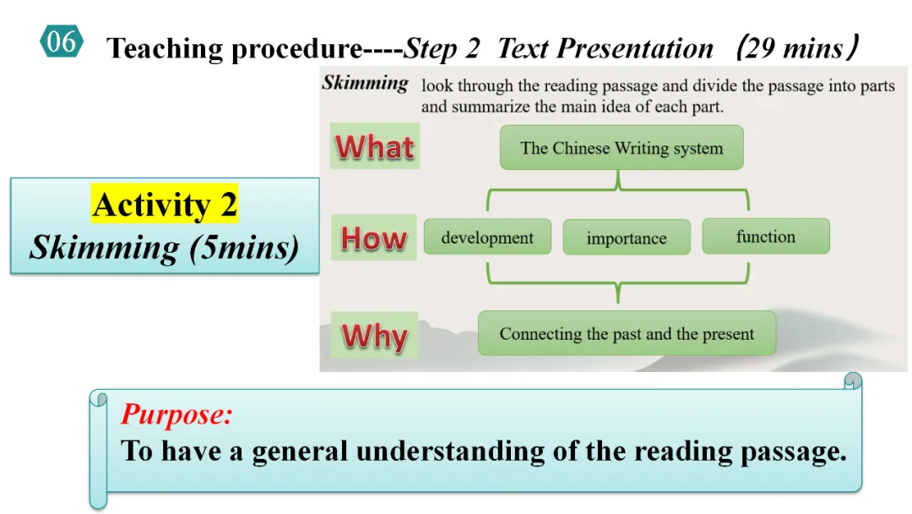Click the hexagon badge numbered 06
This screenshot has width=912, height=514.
click(x=62, y=41)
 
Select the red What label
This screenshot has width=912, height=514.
click(x=375, y=146)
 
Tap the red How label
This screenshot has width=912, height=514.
click(x=373, y=238)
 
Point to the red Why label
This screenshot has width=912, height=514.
click(x=375, y=335)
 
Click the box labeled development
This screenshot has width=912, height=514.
click(x=487, y=237)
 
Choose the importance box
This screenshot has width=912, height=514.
click(x=627, y=238)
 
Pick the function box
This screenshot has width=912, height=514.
click(x=765, y=236)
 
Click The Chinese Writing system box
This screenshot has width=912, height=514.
click(x=622, y=148)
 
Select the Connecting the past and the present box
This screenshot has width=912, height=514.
click(x=627, y=334)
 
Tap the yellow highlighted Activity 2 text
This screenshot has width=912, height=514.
click(x=165, y=205)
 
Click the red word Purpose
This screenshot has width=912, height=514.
click(x=176, y=414)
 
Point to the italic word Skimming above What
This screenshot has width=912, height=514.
click(x=366, y=83)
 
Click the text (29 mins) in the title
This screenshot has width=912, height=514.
click(x=797, y=47)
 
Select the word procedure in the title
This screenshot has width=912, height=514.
click(x=296, y=48)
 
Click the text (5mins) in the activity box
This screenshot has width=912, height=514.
click(x=244, y=248)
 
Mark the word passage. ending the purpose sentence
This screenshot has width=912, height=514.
click(x=793, y=451)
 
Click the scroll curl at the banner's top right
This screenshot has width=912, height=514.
click(x=853, y=380)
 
